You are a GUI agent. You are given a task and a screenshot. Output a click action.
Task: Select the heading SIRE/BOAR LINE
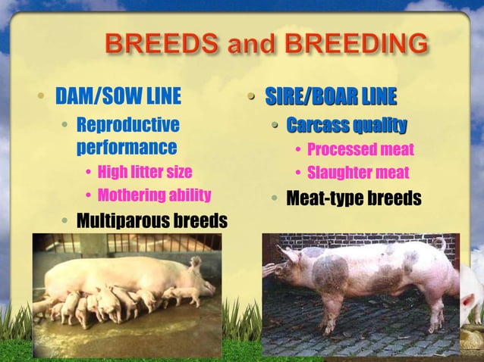point(330,97)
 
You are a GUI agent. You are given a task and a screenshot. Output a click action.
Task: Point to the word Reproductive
point(128,123)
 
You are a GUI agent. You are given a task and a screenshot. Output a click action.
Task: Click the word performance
point(127,146)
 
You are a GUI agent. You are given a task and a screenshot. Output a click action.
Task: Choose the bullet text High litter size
point(145,172)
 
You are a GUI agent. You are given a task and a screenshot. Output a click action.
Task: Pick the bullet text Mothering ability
point(154,195)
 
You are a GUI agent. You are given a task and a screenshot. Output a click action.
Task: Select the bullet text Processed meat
point(360,149)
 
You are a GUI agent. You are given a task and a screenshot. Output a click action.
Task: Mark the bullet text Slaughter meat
point(358,173)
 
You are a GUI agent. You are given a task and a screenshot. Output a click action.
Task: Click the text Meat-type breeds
point(353,199)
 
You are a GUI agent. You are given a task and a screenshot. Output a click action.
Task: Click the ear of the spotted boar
point(288,252)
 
